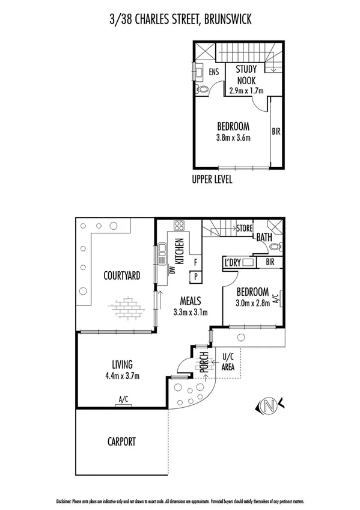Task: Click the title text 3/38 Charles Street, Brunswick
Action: click(x=180, y=20)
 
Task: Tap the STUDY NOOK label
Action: click(x=246, y=75)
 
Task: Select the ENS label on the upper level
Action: click(x=213, y=72)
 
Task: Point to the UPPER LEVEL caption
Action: click(x=212, y=179)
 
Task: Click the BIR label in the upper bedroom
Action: click(x=275, y=131)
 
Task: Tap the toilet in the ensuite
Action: click(x=203, y=90)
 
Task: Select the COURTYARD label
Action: click(x=121, y=276)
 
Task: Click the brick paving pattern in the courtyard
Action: click(x=127, y=307)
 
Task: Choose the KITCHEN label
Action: click(x=178, y=251)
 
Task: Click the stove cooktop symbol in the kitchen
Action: click(x=179, y=227)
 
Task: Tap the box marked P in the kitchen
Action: click(x=195, y=277)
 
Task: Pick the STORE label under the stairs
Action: click(x=243, y=228)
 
